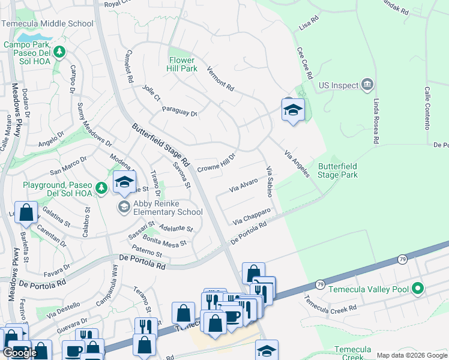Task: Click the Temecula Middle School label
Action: (48, 24)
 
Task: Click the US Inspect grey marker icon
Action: (368, 86)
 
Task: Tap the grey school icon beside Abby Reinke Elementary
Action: (124, 207)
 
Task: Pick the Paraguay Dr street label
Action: (179, 111)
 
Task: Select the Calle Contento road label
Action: (428, 108)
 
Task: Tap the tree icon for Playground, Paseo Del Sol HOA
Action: (102, 188)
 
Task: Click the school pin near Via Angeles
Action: (293, 110)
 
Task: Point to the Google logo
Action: (20, 353)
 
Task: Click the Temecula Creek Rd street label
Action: (330, 305)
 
